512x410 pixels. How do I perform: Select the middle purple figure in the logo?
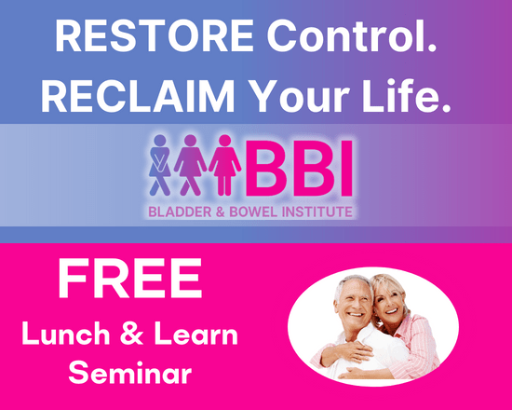pyautogui.click(x=191, y=168)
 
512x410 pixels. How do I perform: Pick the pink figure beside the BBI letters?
pyautogui.click(x=224, y=168)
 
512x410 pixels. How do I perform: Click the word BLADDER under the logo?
pyautogui.click(x=182, y=212)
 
